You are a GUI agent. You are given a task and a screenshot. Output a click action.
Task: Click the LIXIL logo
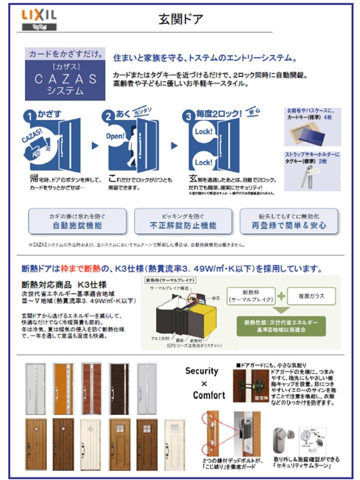pyautogui.click(x=39, y=16)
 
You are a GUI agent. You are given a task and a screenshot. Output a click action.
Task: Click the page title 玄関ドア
pyautogui.click(x=180, y=19)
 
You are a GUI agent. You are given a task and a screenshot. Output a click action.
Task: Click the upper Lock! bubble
pyautogui.click(x=203, y=132)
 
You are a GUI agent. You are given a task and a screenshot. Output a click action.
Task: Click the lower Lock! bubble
pyautogui.click(x=203, y=162)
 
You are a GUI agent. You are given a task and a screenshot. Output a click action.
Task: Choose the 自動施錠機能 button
pyautogui.click(x=77, y=221)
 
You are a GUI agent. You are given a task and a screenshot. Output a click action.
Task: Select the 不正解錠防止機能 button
pyautogui.click(x=183, y=221)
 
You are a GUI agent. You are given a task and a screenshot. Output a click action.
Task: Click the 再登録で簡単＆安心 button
pyautogui.click(x=289, y=221)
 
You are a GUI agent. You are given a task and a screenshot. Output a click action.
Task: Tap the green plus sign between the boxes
pyautogui.click(x=281, y=296)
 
